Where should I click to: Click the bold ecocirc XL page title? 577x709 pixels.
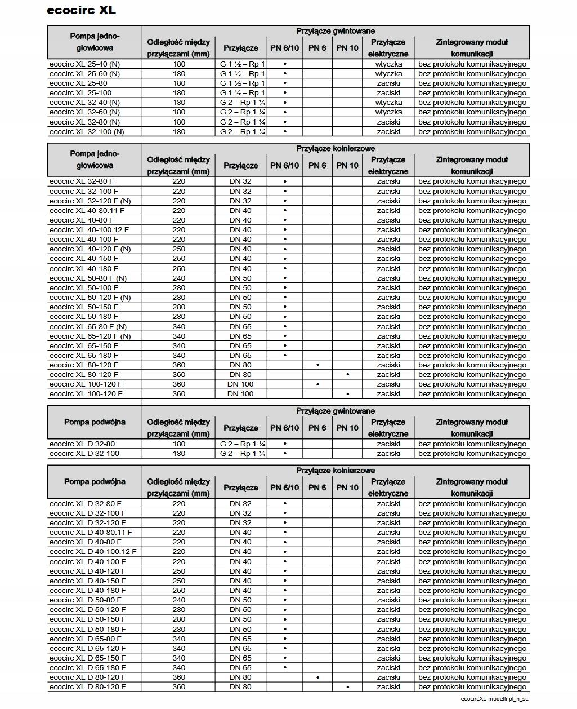[82, 10]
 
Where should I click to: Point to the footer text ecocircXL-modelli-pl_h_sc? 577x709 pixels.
[494, 698]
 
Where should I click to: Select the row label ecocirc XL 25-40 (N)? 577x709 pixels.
[84, 64]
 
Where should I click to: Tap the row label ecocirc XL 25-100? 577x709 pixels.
[80, 92]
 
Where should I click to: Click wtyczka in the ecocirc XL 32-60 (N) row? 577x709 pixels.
[388, 112]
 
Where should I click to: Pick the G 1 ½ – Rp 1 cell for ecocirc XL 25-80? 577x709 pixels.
[243, 83]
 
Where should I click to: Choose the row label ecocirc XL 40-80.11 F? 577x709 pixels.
[87, 210]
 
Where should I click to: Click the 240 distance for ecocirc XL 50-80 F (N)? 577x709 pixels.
[178, 278]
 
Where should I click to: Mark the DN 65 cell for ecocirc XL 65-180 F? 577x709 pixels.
[240, 355]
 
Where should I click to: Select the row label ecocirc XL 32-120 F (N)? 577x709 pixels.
[90, 201]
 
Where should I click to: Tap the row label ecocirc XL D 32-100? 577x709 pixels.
[84, 453]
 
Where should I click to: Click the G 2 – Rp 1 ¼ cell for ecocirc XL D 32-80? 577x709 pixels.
[243, 444]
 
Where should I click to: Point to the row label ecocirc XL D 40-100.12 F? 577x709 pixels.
[93, 551]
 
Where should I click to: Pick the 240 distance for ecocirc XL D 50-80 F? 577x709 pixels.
[178, 600]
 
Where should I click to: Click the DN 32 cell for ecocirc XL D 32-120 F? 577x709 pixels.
[240, 522]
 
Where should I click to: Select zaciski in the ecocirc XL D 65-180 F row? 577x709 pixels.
[388, 667]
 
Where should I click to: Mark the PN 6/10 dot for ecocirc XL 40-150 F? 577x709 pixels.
[285, 259]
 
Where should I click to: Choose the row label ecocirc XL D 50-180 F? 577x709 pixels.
[88, 629]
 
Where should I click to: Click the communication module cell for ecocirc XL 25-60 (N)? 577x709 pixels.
[472, 73]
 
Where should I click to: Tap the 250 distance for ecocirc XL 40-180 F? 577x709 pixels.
[178, 268]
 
